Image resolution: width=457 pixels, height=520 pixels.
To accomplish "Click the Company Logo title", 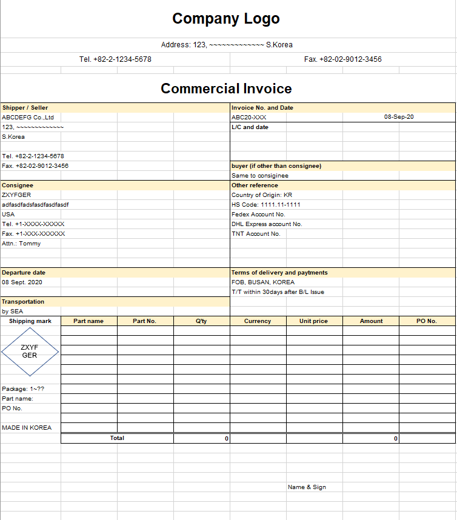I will (x=226, y=19).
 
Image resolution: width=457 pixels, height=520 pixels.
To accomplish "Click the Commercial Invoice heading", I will (x=226, y=88).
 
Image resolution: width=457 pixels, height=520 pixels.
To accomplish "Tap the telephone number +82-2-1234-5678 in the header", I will (x=115, y=59).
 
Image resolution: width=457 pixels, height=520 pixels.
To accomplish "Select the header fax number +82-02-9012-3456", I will (x=343, y=59).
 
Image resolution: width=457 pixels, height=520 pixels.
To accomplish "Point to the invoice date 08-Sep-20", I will (x=399, y=117).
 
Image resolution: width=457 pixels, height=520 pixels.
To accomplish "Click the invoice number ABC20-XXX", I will (x=249, y=117).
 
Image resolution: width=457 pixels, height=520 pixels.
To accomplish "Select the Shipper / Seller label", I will (x=25, y=108).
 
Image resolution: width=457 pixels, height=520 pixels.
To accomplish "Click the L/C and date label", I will (x=250, y=127).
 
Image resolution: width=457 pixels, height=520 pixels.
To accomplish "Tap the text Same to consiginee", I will (x=260, y=176).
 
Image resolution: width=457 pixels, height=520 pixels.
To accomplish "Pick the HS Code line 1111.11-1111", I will (x=266, y=205).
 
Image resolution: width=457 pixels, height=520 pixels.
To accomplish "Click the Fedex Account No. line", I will (x=258, y=215).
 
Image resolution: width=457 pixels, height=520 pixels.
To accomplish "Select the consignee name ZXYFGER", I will (x=16, y=195).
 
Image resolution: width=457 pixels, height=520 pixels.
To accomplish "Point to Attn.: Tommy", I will (x=21, y=244).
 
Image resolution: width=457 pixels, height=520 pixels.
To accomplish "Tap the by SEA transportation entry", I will (x=13, y=312).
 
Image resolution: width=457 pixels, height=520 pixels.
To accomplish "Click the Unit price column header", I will (x=313, y=321).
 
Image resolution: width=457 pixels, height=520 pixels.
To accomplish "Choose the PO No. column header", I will (x=427, y=321).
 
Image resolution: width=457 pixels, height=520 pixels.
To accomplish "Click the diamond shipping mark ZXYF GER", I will (x=30, y=352).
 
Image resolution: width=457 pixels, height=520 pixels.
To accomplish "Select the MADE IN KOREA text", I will (x=27, y=428).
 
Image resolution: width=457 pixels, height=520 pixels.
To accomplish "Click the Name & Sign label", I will (x=307, y=487).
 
